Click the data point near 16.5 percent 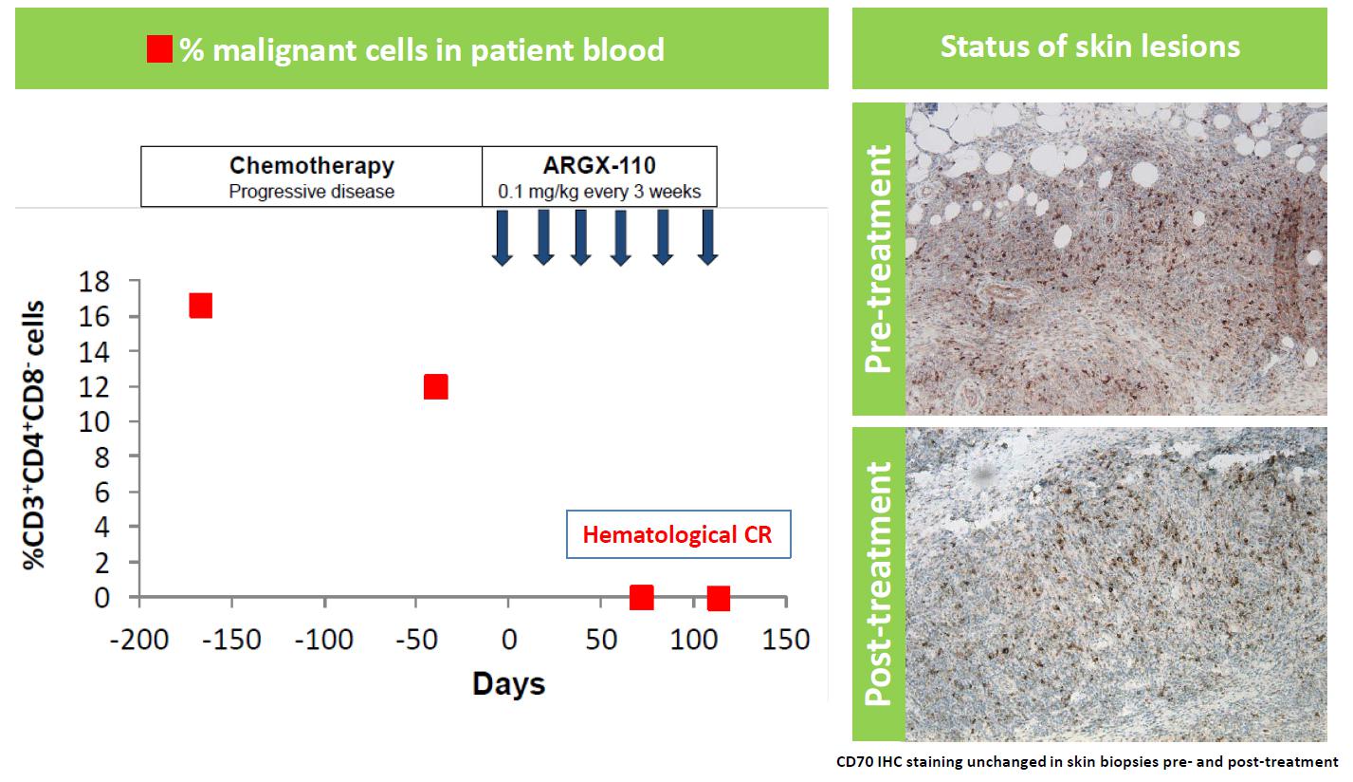(200, 306)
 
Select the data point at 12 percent (435, 387)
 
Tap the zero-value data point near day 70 (642, 598)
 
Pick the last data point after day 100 (718, 599)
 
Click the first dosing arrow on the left (503, 238)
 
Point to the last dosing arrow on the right (706, 238)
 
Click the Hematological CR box (677, 535)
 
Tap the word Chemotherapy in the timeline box (312, 165)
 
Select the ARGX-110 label (599, 165)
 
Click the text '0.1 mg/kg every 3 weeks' (599, 192)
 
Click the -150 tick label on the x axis (231, 640)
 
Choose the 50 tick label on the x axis (601, 640)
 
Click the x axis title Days (509, 683)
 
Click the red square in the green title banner (159, 48)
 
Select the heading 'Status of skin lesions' (1089, 47)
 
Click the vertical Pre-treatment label (878, 258)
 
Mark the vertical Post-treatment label (878, 584)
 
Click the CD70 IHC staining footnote (1086, 761)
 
